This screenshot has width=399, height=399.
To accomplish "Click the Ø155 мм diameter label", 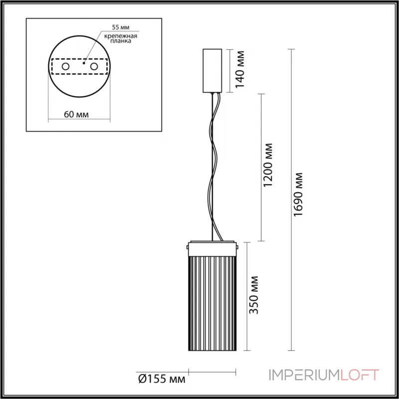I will [x=160, y=380].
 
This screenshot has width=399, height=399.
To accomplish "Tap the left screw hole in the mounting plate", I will [x=65, y=66].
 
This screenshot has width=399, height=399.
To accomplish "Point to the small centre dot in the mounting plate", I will [x=85, y=63].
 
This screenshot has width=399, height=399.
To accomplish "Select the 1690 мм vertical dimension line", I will [x=290, y=199].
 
